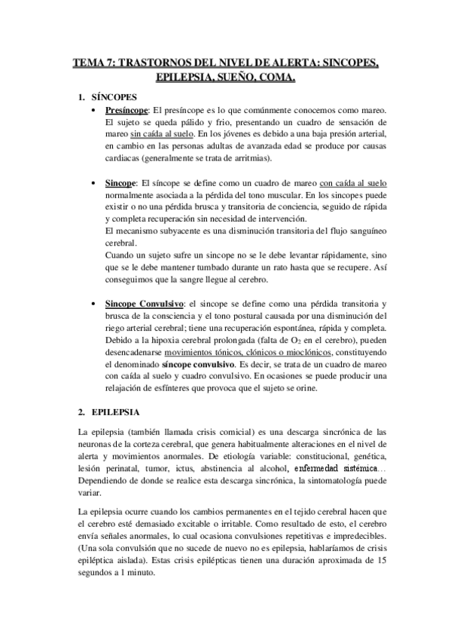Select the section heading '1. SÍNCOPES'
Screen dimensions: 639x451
pyautogui.click(x=108, y=98)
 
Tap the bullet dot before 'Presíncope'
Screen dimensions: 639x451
pyautogui.click(x=91, y=111)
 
